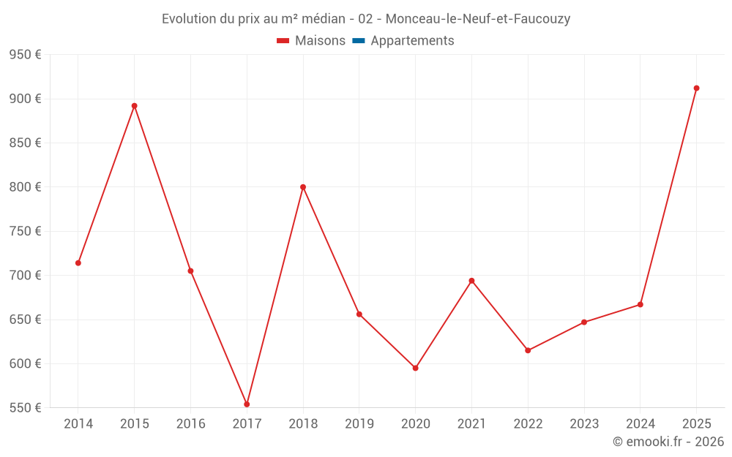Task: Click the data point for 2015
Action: pyautogui.click(x=135, y=106)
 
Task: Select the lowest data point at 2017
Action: pyautogui.click(x=247, y=404)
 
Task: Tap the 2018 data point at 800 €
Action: pyautogui.click(x=303, y=187)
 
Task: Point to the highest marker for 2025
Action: pyautogui.click(x=696, y=88)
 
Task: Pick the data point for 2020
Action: pyautogui.click(x=415, y=368)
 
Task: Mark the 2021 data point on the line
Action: pyautogui.click(x=471, y=281)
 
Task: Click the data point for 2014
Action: pyautogui.click(x=78, y=263)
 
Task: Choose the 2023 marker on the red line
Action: pyautogui.click(x=584, y=322)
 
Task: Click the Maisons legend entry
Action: pyautogui.click(x=311, y=41)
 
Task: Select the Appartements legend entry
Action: pyautogui.click(x=412, y=41)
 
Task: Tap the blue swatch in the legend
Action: pyautogui.click(x=359, y=41)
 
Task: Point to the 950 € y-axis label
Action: pyautogui.click(x=25, y=55)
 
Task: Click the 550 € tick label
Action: pyautogui.click(x=25, y=408)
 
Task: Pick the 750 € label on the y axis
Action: pyautogui.click(x=25, y=231)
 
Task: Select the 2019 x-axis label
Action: pyautogui.click(x=359, y=424)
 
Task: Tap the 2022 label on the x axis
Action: pyautogui.click(x=528, y=424)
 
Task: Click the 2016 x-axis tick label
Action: pyautogui.click(x=191, y=424)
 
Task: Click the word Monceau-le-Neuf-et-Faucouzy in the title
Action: pyautogui.click(x=477, y=19)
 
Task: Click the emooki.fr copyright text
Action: pyautogui.click(x=668, y=442)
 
